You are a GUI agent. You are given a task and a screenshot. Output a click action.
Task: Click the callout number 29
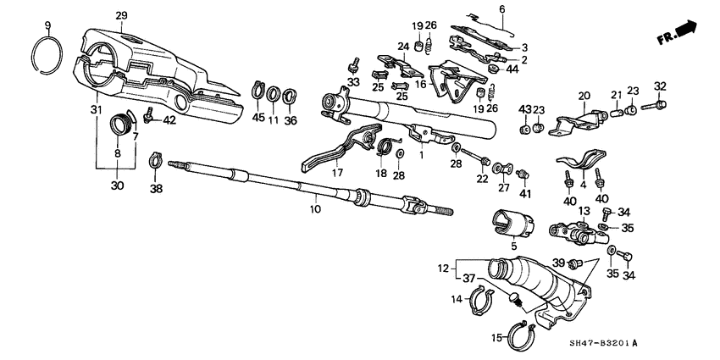point(121,16)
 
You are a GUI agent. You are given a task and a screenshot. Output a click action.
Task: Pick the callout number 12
point(442,269)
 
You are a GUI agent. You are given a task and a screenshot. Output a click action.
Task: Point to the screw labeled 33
point(354,64)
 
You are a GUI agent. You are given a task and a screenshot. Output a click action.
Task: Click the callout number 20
point(584,96)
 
